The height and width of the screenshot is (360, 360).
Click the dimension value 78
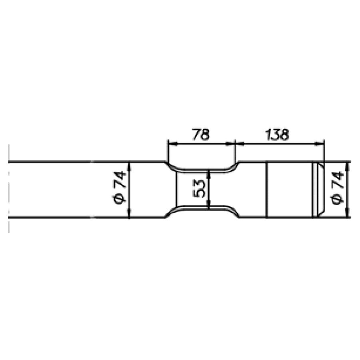pyautogui.click(x=200, y=135)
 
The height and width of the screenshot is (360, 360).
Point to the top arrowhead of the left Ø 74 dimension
pyautogui.click(x=129, y=164)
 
